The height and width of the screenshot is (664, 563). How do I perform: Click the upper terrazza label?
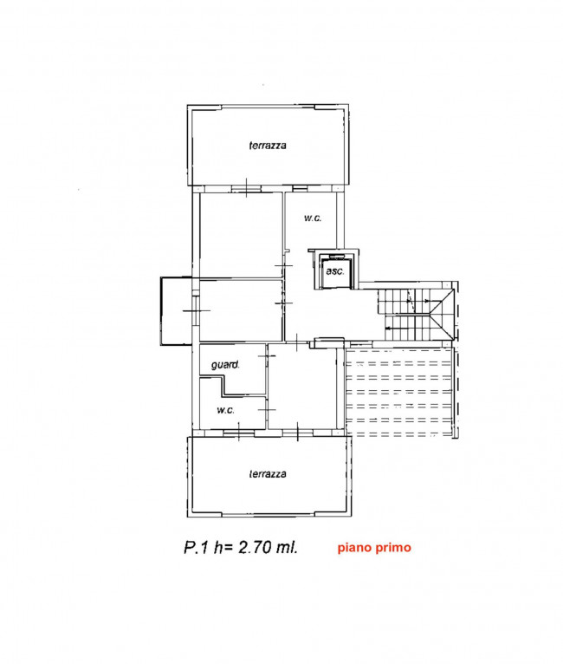[268, 146]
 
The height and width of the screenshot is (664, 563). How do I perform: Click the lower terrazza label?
[268, 474]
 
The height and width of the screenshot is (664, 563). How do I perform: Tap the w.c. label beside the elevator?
[313, 218]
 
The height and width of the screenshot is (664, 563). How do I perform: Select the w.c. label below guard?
[225, 410]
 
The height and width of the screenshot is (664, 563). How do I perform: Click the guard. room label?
[225, 364]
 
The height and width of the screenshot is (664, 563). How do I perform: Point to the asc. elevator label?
[335, 271]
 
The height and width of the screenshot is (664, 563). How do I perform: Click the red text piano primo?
[374, 548]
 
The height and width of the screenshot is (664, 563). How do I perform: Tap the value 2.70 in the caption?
[255, 547]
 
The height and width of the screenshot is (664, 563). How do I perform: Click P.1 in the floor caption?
[197, 547]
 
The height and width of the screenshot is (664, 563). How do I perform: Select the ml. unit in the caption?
[288, 547]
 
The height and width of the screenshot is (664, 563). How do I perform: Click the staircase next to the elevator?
[416, 314]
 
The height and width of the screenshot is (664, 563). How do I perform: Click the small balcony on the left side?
[176, 311]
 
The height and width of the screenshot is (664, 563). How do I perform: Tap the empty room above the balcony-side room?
[241, 235]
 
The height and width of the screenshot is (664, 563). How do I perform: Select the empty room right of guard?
[303, 387]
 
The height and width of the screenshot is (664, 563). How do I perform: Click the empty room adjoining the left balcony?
[241, 310]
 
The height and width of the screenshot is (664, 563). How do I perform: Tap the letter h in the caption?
[218, 547]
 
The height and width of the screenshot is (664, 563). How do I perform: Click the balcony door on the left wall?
[196, 311]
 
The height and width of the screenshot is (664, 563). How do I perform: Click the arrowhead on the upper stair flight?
[427, 301]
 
